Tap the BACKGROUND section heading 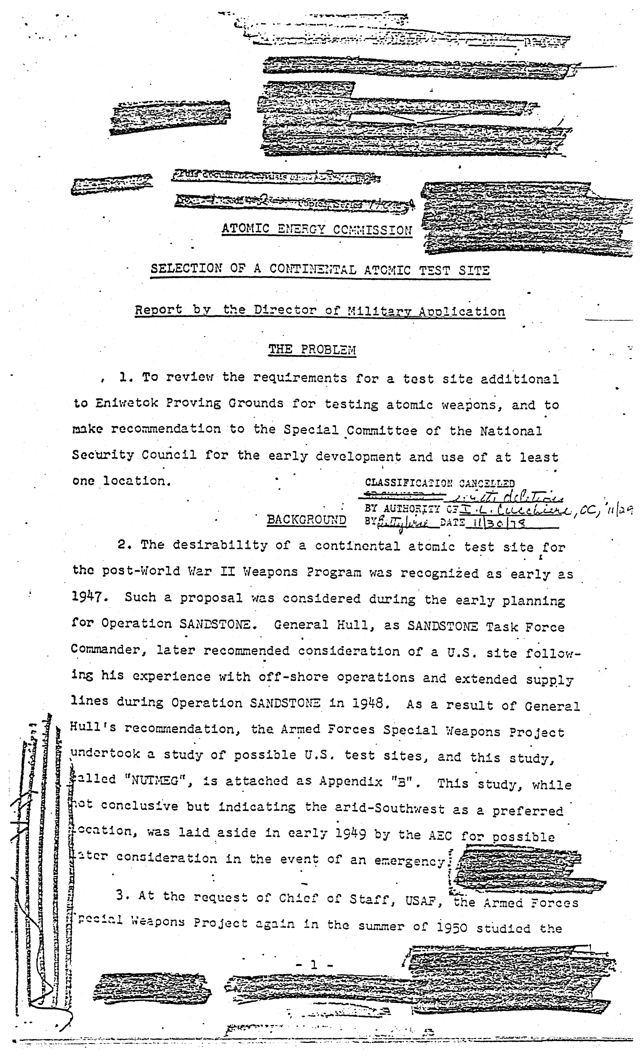pyautogui.click(x=306, y=520)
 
